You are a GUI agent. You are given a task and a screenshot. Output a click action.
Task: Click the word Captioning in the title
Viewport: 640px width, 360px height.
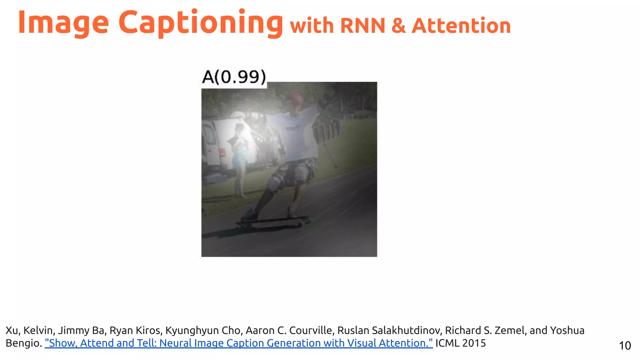pos(200,22)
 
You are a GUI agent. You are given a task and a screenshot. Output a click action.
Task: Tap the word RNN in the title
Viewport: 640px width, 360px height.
pos(362,26)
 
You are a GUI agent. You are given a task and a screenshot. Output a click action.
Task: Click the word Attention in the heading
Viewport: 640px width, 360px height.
pos(461,26)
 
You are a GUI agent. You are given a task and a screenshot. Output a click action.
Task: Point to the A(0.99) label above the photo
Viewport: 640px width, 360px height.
pos(234,77)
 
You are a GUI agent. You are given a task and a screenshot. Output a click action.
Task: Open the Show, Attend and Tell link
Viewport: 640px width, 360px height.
pos(238,343)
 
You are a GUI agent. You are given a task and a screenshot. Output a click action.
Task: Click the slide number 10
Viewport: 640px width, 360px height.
pos(625,346)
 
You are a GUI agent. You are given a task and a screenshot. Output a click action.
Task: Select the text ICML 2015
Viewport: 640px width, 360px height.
pos(461,343)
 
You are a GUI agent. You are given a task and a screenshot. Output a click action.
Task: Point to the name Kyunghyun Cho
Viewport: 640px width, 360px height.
pos(203,330)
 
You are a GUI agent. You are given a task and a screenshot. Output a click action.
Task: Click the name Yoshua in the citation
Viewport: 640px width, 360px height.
pos(567,330)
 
